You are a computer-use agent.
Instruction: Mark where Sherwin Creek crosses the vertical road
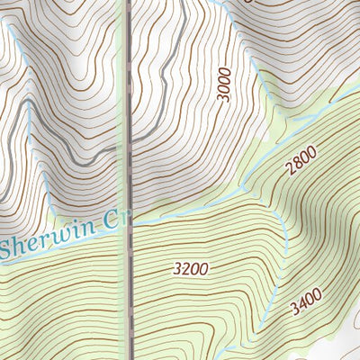130,226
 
